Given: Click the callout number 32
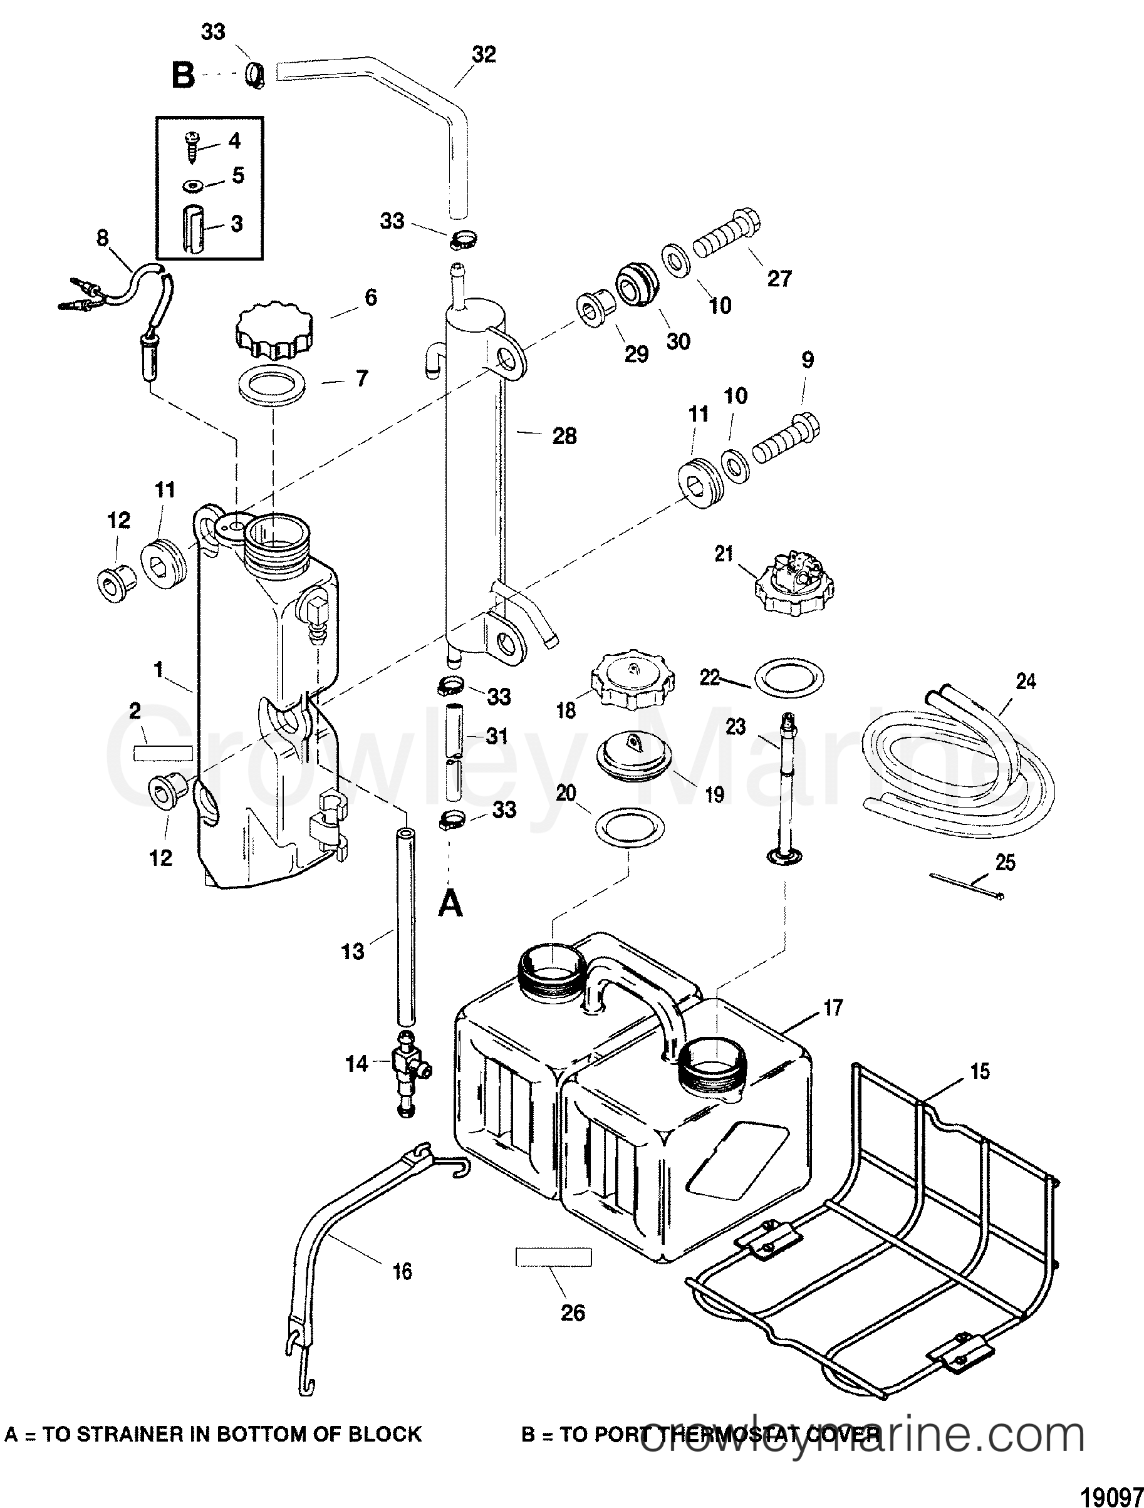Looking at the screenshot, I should click(484, 55).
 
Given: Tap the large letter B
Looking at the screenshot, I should click(183, 75).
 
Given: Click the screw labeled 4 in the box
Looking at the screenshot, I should click(192, 148).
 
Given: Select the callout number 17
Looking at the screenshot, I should click(833, 1007).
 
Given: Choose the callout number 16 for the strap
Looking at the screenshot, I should click(403, 1271).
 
